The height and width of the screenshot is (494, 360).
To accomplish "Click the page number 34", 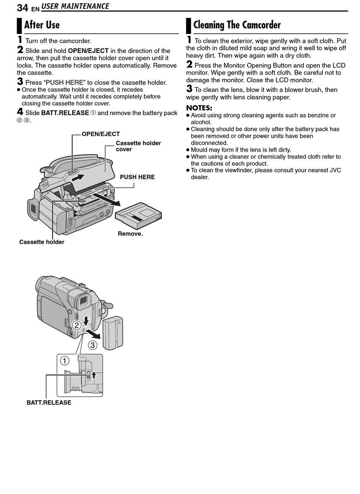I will click(22, 8).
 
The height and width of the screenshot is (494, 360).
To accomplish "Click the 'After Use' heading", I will click(42, 25).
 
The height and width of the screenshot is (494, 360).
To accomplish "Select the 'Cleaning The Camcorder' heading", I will click(237, 25).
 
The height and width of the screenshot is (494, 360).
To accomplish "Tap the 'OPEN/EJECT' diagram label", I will click(101, 134).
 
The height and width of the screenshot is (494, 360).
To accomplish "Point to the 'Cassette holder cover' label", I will click(138, 146).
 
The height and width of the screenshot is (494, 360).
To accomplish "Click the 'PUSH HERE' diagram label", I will click(137, 177).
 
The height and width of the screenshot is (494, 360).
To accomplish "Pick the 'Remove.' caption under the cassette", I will click(130, 234).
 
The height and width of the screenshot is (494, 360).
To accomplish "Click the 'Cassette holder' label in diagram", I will click(42, 242).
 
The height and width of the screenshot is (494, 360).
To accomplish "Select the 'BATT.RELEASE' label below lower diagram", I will click(49, 403).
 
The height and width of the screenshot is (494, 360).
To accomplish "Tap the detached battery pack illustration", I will click(113, 333).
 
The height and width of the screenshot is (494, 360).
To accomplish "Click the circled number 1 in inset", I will click(65, 360).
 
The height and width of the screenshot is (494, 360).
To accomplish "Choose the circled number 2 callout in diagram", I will click(77, 325).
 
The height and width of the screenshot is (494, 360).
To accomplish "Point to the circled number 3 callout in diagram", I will click(93, 345).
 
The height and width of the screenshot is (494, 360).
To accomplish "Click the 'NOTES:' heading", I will click(199, 108).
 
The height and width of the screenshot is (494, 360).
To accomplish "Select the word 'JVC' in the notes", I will click(335, 170).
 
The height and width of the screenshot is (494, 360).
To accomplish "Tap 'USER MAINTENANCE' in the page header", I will click(75, 6).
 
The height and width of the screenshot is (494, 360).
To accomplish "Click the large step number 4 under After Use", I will click(20, 112).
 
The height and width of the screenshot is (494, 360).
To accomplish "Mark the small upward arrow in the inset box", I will click(94, 375).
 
